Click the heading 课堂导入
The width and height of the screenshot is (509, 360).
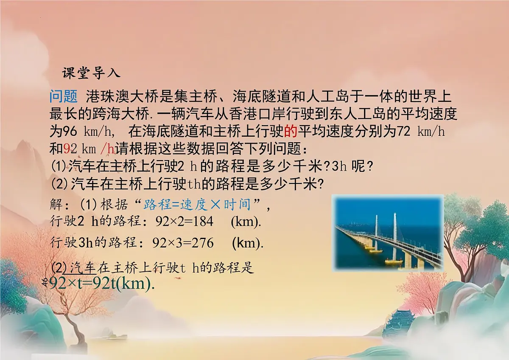(91, 73)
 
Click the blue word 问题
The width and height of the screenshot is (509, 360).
(63, 97)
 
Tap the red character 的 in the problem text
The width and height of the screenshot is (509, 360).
(291, 131)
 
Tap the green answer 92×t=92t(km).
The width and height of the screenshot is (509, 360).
(102, 284)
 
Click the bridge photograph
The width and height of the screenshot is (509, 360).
(387, 233)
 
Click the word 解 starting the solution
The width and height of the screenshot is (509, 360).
(56, 205)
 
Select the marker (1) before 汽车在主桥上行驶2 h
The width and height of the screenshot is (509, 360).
(59, 166)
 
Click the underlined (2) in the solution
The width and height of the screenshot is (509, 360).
(59, 268)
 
